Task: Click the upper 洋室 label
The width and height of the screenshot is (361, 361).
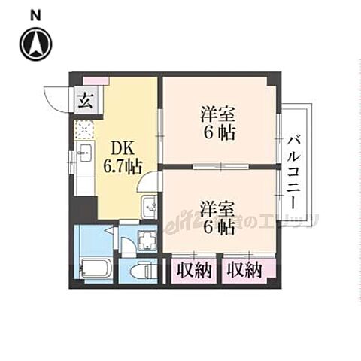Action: [x=218, y=115]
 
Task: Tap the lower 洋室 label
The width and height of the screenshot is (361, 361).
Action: [x=218, y=205]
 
